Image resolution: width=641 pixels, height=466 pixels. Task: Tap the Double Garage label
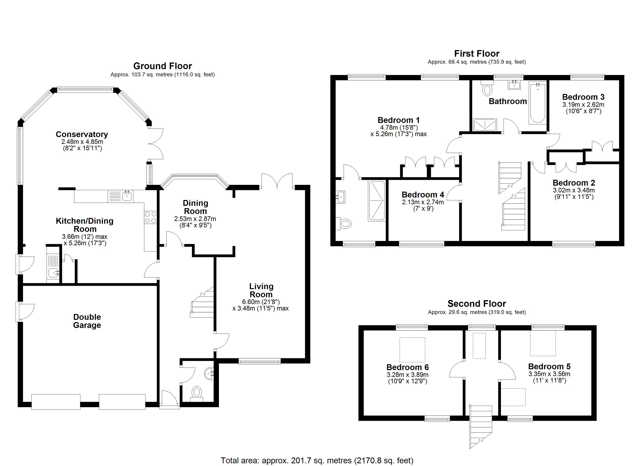(87, 321)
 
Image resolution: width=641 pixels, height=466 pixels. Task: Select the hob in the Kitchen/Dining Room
(150, 217)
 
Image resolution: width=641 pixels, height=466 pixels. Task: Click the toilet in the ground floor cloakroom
(197, 394)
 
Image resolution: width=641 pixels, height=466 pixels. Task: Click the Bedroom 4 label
(423, 195)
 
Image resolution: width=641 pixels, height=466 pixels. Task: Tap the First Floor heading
(477, 53)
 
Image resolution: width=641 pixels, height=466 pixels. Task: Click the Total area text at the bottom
(317, 461)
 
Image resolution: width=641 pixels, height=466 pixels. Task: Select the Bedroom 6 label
(408, 367)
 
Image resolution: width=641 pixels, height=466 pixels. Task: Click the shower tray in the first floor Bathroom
(485, 125)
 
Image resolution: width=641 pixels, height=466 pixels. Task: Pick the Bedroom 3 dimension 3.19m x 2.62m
(583, 105)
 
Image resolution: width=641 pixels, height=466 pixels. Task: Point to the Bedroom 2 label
(574, 183)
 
